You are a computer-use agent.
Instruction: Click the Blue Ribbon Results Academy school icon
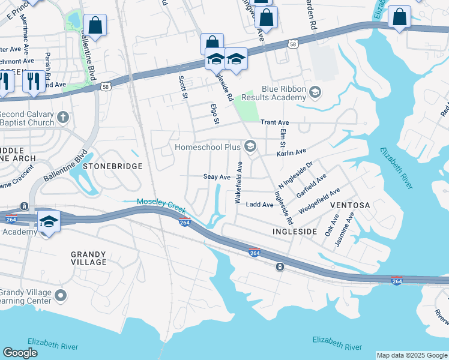click(316, 93)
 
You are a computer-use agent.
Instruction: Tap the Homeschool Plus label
click(207, 147)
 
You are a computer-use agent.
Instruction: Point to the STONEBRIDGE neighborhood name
click(112, 166)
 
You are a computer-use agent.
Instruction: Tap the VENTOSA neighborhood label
click(351, 205)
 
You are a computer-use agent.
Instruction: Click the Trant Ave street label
click(275, 122)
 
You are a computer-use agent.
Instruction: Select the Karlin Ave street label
click(291, 153)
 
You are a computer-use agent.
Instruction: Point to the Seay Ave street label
click(217, 178)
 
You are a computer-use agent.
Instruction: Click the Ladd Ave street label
click(260, 205)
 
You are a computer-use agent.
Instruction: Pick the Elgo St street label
click(213, 114)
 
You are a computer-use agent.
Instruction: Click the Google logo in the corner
click(20, 353)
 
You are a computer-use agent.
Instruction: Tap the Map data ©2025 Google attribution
click(412, 355)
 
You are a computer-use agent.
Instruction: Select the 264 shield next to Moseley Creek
click(185, 223)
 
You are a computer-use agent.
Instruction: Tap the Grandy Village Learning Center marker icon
click(60, 295)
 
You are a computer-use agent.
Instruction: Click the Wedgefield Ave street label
click(319, 200)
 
